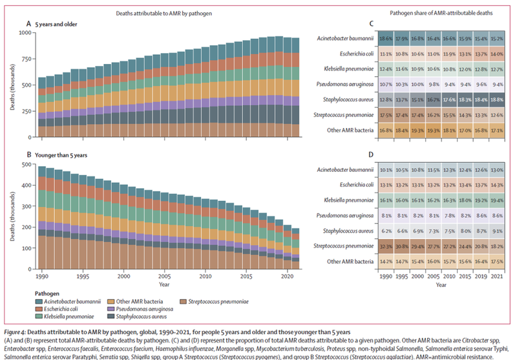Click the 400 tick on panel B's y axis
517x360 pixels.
28,186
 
